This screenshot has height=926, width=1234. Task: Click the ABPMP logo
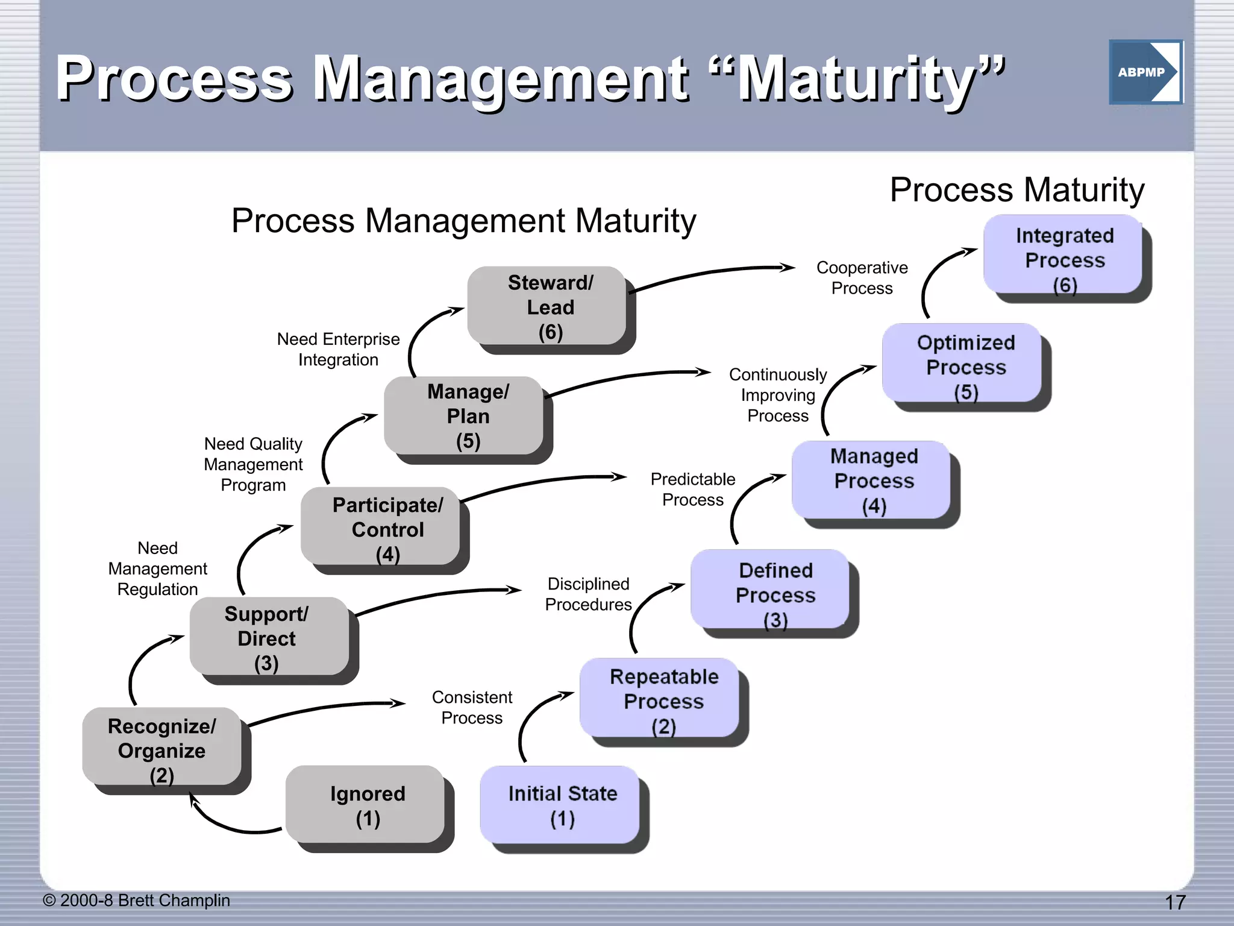click(x=1145, y=72)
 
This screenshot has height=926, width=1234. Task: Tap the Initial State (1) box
click(x=562, y=805)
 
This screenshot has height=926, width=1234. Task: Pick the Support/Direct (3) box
click(x=268, y=638)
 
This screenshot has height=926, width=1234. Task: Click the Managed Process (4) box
click(x=873, y=480)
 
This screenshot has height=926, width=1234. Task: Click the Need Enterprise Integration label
click(x=338, y=349)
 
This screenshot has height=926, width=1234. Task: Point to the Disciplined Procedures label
click(x=588, y=594)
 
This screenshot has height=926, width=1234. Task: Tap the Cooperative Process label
click(x=862, y=277)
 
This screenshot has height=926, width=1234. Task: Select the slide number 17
click(x=1174, y=902)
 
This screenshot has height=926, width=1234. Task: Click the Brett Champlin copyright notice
click(x=137, y=900)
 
